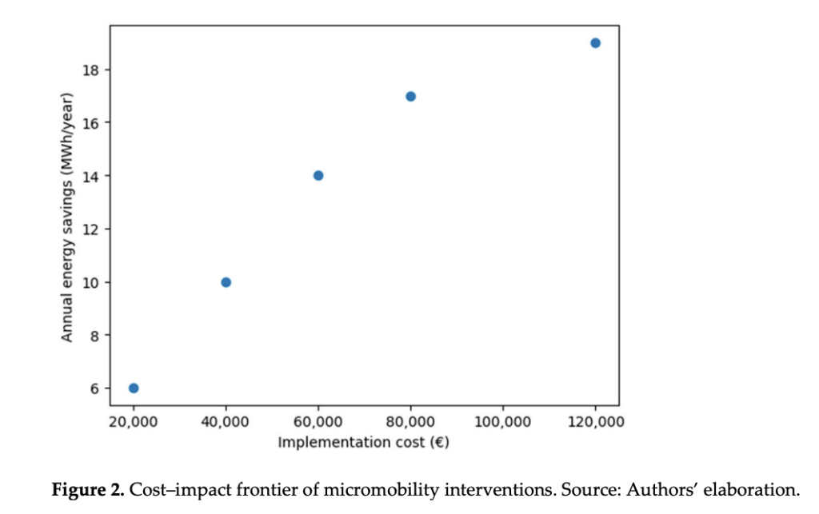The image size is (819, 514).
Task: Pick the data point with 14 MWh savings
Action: pos(318,176)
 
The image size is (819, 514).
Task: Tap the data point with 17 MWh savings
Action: pos(410,96)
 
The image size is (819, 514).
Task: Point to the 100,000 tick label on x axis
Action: pos(502,421)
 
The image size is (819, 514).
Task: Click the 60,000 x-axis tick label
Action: pos(318,421)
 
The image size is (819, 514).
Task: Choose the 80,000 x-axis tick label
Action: pos(410,421)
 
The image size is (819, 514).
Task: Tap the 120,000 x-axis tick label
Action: pos(594,421)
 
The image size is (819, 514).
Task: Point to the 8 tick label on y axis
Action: pos(94,336)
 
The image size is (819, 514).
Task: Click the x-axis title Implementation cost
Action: pos(363,442)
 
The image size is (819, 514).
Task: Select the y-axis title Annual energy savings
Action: pos(67,217)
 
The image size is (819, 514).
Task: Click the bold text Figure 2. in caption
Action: pos(88,489)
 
